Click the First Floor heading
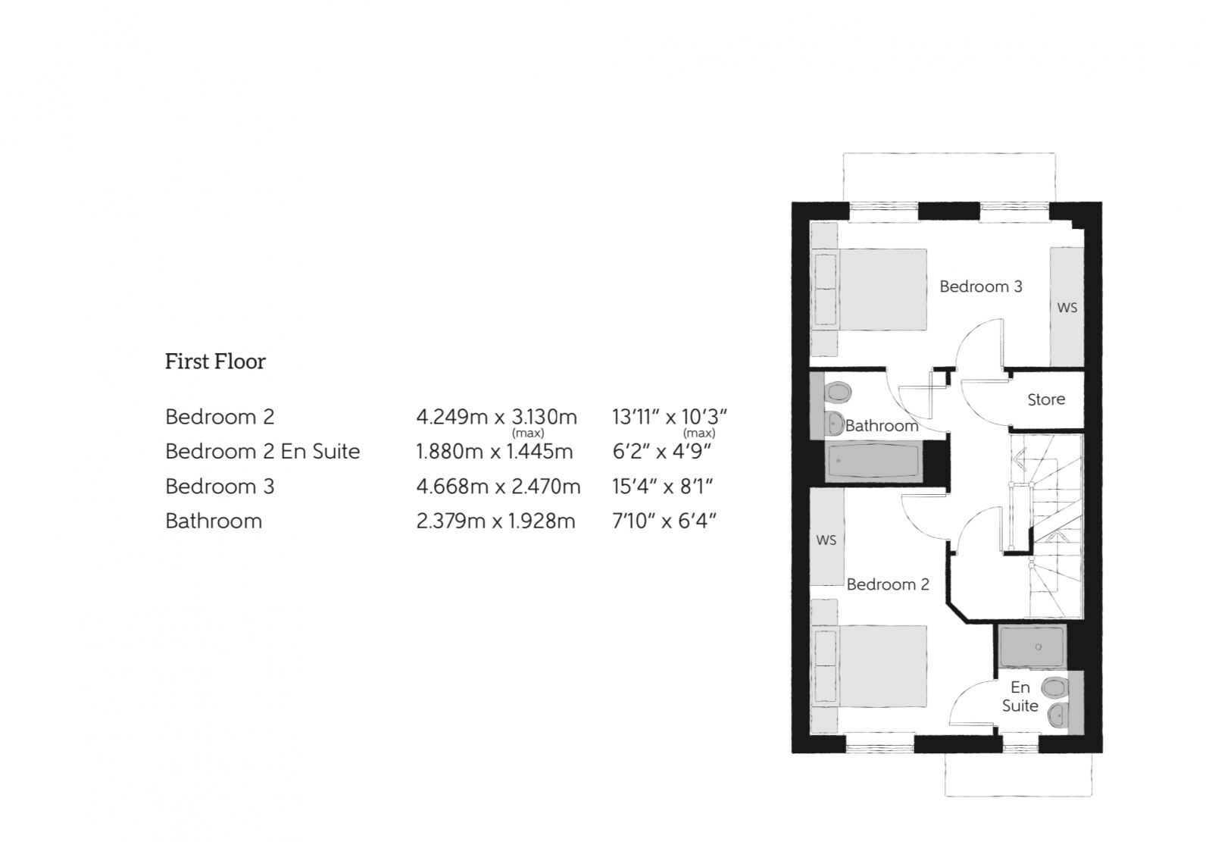click(215, 362)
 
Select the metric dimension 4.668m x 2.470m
click(498, 487)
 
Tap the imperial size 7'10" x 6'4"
click(664, 521)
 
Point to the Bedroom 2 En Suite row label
click(262, 452)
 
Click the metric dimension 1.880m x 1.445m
click(494, 452)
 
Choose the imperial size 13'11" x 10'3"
click(670, 417)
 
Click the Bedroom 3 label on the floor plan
click(980, 286)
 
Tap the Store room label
click(1045, 399)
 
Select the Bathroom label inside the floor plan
click(881, 426)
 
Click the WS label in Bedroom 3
click(1067, 308)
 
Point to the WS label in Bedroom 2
click(826, 540)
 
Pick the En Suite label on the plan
click(1020, 696)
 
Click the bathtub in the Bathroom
click(873, 461)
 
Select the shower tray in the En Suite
click(1032, 646)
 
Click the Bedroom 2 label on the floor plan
click(887, 584)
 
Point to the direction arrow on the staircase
click(1018, 459)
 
